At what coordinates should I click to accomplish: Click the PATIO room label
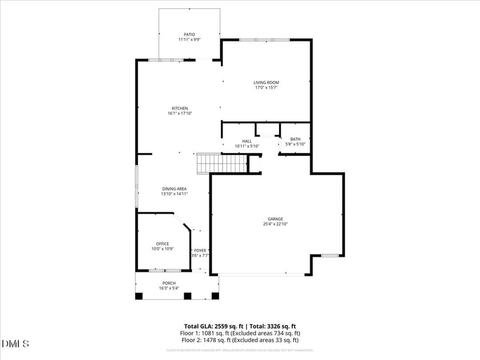(189, 34)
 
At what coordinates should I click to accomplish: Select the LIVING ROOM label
(266, 82)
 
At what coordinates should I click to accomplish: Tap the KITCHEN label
(180, 108)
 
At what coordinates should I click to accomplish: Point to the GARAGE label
(275, 218)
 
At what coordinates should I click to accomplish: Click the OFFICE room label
(163, 243)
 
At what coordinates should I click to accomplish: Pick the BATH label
(295, 139)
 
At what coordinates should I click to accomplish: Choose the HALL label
(247, 140)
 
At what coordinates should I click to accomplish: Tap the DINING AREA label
(175, 188)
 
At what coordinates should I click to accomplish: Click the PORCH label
(169, 283)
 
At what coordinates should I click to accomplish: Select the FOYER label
(200, 250)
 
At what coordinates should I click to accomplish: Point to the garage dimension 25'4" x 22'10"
(275, 224)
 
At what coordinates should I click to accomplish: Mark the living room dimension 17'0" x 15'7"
(266, 88)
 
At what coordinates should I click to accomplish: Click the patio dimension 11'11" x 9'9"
(189, 40)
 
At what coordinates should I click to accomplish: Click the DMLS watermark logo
(16, 344)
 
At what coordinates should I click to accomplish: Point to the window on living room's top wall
(265, 40)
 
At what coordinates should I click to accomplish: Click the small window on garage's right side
(329, 256)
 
